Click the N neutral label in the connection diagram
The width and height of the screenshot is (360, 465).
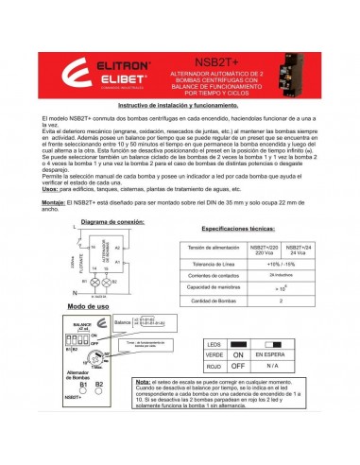(x=74, y=292)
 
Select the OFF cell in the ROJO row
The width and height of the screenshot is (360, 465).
(x=237, y=365)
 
